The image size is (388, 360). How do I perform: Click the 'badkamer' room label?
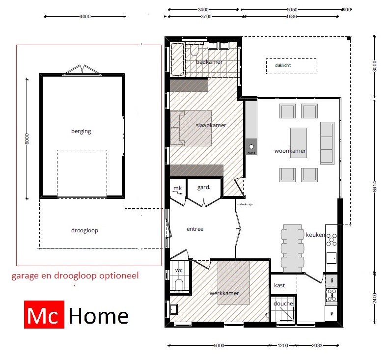[x=209, y=62]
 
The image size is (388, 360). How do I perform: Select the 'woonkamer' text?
[x=290, y=151]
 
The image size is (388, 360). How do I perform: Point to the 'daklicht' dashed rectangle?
[x=291, y=66]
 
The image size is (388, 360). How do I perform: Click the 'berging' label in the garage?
[x=81, y=131]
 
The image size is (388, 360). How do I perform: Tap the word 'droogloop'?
[x=84, y=230]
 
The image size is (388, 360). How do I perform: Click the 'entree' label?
[x=195, y=229]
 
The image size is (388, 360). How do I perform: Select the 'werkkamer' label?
[x=224, y=293]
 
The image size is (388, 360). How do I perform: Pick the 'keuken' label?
[x=315, y=235]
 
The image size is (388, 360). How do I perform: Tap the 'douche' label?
[x=283, y=304]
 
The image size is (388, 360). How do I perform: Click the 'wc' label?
[x=179, y=271]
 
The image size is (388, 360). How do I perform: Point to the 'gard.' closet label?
[x=204, y=188]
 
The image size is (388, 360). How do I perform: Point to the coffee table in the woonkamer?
[x=299, y=142]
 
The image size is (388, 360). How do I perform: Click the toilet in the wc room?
[x=179, y=284]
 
